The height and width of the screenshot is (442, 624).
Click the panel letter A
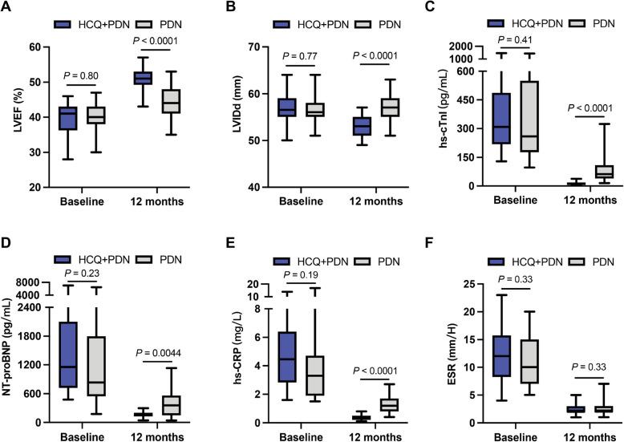click(x=6, y=7)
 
